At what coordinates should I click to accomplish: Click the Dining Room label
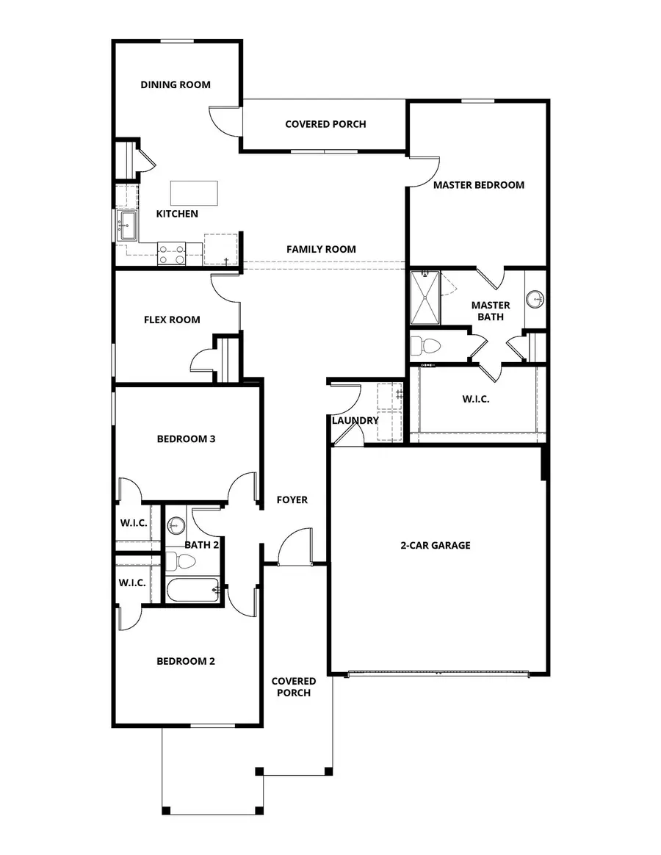pos(176,84)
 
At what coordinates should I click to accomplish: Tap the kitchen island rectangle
pos(195,193)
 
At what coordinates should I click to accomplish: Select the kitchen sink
pos(126,225)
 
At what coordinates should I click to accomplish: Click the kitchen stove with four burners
pos(171,254)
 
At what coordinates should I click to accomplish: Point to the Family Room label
pos(321,249)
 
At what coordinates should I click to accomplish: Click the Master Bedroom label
pos(478,185)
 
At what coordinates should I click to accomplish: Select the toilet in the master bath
pos(425,345)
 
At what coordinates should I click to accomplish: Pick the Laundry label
pos(355,421)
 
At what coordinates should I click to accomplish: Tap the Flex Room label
pos(172,320)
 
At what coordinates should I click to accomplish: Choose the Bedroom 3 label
pos(186,439)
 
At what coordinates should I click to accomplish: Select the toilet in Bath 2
pos(182,563)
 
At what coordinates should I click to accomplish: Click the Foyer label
pos(292,499)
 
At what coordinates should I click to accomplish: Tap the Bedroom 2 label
pos(186,661)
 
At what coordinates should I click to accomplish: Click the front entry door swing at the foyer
pos(295,548)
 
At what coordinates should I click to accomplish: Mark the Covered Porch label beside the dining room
pos(325,124)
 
